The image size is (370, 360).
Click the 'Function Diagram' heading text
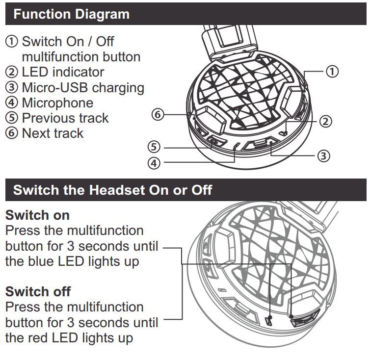coord(72,14)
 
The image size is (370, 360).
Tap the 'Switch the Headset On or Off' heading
coord(112,190)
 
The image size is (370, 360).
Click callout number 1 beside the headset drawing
coord(332,71)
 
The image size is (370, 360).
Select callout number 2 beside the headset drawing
coord(325,122)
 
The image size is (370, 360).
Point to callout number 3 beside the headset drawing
coord(323,156)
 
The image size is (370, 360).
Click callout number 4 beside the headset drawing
coord(154,163)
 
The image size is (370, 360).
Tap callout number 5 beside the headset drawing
coord(154,147)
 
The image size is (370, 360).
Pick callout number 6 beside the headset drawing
coord(158,114)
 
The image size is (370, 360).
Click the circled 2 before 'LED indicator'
coord(12,72)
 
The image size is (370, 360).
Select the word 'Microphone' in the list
coord(57,103)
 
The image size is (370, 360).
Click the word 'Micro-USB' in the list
coord(55,87)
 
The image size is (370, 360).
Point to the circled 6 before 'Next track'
coord(12,133)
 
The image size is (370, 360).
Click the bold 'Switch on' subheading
coord(37,215)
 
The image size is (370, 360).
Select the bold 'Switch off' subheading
coord(38,291)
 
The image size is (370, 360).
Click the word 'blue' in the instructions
coord(41,261)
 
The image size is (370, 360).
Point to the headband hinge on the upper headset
coord(233,56)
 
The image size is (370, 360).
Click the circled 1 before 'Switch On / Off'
coord(12,42)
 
